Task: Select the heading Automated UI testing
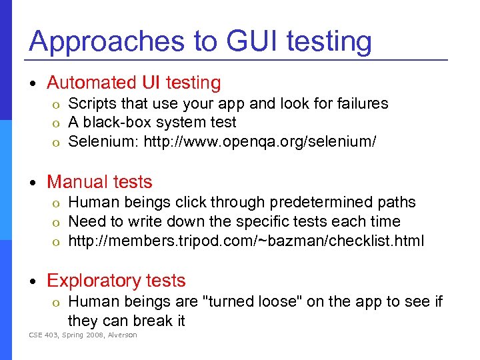pyautogui.click(x=133, y=83)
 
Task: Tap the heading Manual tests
pyautogui.click(x=99, y=182)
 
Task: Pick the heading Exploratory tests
pyautogui.click(x=116, y=281)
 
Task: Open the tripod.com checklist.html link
pyautogui.click(x=246, y=240)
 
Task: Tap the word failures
pyautogui.click(x=363, y=103)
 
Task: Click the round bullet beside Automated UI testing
pyautogui.click(x=34, y=83)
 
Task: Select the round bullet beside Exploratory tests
pyautogui.click(x=34, y=281)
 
